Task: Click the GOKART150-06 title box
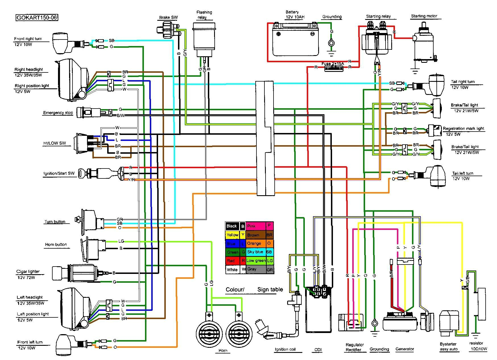coord(36,18)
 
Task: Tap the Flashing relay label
coord(204,14)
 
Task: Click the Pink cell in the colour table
coord(255,226)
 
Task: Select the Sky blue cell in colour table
coord(255,252)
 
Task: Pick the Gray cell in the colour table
coord(255,269)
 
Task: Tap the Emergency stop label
coord(58,113)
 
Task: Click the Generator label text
coord(404,349)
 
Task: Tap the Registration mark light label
coord(463,128)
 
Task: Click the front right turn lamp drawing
coord(60,43)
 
